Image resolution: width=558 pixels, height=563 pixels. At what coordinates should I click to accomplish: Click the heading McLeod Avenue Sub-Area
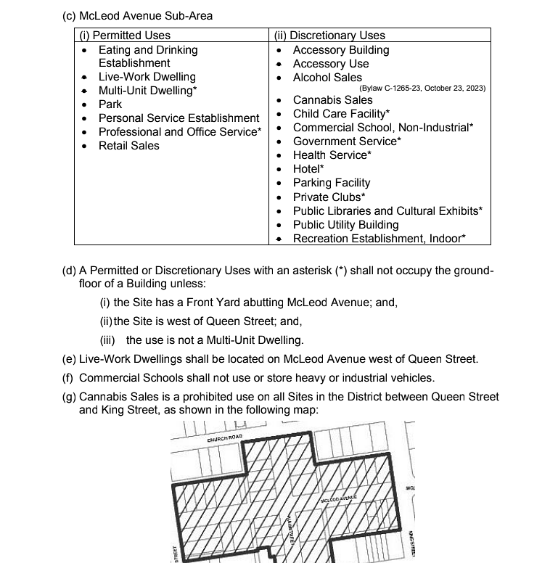[x=138, y=16]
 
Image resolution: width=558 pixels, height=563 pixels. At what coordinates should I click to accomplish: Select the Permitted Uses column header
[x=125, y=35]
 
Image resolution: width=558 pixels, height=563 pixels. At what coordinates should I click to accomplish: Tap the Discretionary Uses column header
[x=329, y=35]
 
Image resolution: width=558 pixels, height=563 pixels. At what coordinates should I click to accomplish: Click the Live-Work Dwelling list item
[x=147, y=77]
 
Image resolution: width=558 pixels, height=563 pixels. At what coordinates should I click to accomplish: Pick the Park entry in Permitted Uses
[x=110, y=104]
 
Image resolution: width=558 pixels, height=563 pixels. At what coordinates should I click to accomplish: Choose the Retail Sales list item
[x=128, y=146]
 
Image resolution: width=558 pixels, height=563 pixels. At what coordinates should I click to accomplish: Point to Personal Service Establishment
[x=179, y=118]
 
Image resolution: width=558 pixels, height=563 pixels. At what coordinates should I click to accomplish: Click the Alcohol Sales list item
[x=327, y=78]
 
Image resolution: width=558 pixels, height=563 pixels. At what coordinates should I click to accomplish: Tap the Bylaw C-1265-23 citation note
[x=422, y=89]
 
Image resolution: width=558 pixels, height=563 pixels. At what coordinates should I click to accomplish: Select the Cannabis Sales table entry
[x=332, y=100]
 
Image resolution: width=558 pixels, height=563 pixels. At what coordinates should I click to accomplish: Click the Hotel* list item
[x=308, y=169]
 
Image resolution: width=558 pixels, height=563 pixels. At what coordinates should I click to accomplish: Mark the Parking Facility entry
[x=331, y=183]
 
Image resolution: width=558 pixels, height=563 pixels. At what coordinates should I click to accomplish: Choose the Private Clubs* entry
[x=329, y=197]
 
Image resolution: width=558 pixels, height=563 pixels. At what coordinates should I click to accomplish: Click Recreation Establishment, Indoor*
[x=379, y=239]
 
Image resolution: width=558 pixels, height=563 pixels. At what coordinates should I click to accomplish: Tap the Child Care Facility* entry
[x=341, y=114]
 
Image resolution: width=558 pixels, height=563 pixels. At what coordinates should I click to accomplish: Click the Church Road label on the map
[x=225, y=438]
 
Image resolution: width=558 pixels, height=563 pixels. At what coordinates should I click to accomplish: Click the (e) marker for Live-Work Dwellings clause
[x=70, y=359]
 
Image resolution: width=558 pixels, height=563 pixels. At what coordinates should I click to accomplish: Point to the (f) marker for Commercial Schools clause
[x=69, y=378]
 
